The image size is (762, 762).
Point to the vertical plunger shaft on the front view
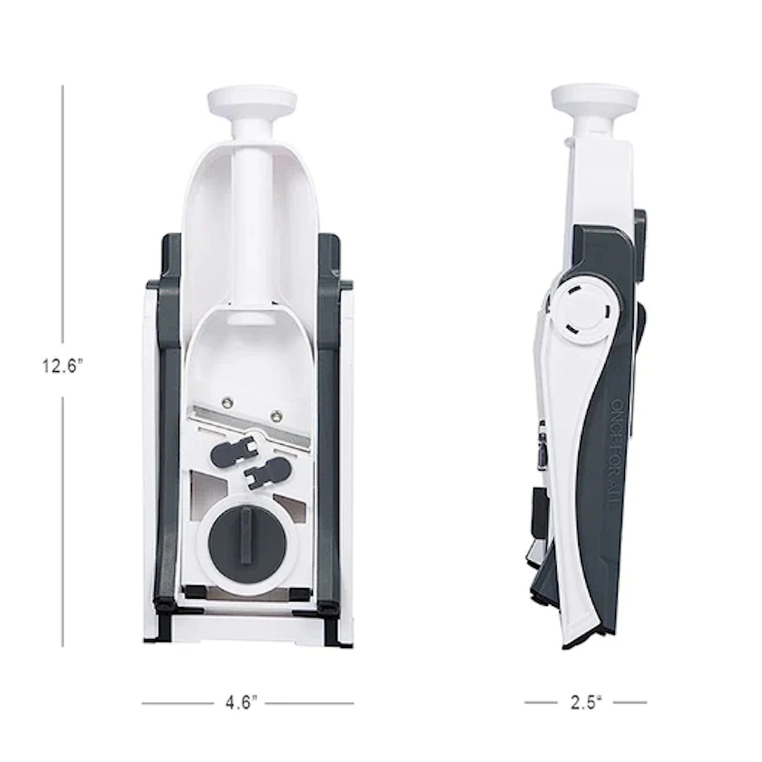(x=252, y=224)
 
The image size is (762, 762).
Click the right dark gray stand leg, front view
(x=330, y=430)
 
